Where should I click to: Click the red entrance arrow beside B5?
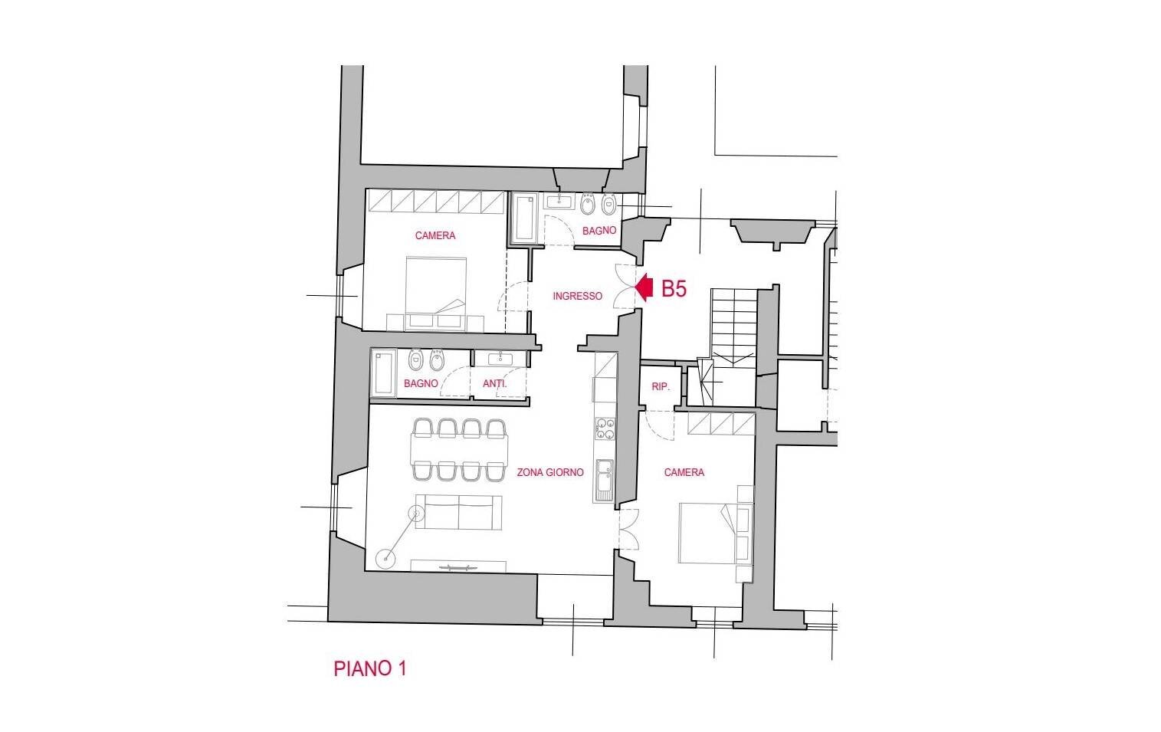644,287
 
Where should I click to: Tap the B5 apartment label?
674,289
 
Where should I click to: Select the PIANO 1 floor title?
369,668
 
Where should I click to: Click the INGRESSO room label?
577,296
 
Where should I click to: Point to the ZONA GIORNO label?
550,472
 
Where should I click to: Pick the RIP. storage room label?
661,387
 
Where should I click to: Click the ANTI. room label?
495,383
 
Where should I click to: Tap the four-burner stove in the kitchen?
605,428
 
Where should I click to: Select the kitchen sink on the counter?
603,481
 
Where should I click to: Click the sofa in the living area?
458,512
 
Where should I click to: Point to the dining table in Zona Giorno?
459,449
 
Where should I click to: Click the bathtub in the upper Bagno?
524,218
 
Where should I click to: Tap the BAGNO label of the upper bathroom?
599,230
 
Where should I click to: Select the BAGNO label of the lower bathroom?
421,383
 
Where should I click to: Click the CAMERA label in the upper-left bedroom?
435,235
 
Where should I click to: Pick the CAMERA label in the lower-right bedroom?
684,472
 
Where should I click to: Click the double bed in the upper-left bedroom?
436,294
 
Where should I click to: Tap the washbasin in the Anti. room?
500,359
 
